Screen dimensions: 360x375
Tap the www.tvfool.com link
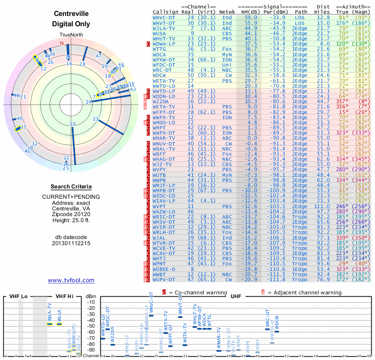[x=71, y=280]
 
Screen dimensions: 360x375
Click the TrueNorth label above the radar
[x=71, y=36]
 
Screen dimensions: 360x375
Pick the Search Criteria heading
[x=71, y=187]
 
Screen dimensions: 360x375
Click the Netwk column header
[x=227, y=12]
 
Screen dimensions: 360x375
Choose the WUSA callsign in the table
[x=159, y=33]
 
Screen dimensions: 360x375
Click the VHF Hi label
[x=65, y=297]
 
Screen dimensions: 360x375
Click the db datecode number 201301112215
[x=71, y=243]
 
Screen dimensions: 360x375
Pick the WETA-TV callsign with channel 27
[x=164, y=81]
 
